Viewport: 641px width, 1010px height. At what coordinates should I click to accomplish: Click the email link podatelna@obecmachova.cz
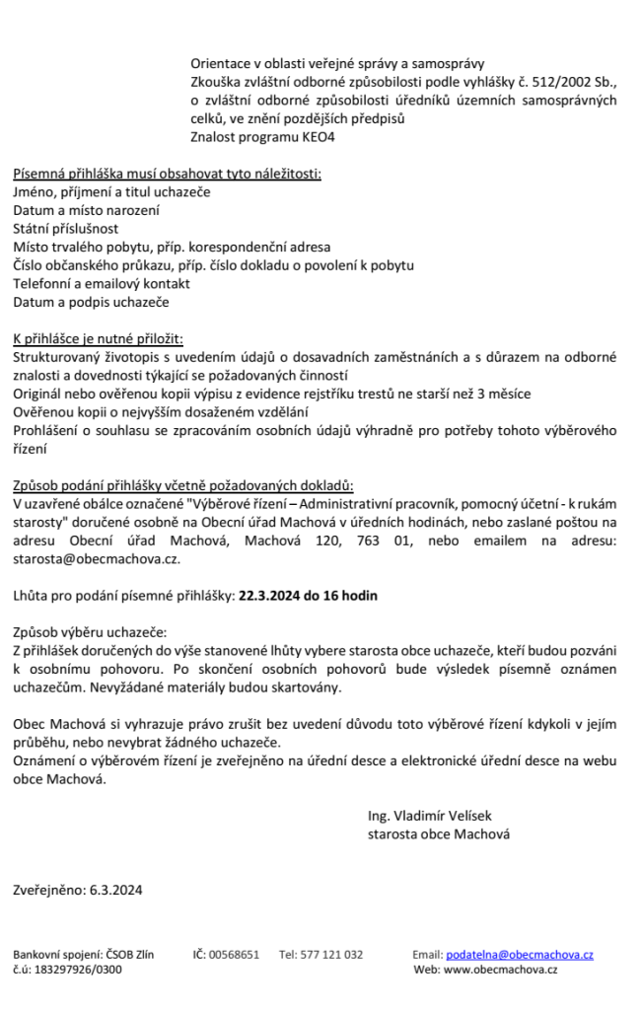[x=520, y=955]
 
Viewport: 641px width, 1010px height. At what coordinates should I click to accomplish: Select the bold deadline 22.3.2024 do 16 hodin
[x=308, y=596]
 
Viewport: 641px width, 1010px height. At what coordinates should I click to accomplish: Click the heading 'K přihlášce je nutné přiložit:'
[x=99, y=338]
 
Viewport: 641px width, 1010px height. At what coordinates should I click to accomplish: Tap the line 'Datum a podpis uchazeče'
[x=91, y=302]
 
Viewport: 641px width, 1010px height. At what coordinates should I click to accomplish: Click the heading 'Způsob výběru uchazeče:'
[x=90, y=631]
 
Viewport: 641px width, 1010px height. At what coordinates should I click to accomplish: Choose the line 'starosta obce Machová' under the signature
[x=439, y=834]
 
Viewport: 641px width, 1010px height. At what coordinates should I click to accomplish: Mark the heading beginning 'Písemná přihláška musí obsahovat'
[x=167, y=174]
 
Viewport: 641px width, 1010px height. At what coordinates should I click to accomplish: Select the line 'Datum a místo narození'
[x=87, y=210]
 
